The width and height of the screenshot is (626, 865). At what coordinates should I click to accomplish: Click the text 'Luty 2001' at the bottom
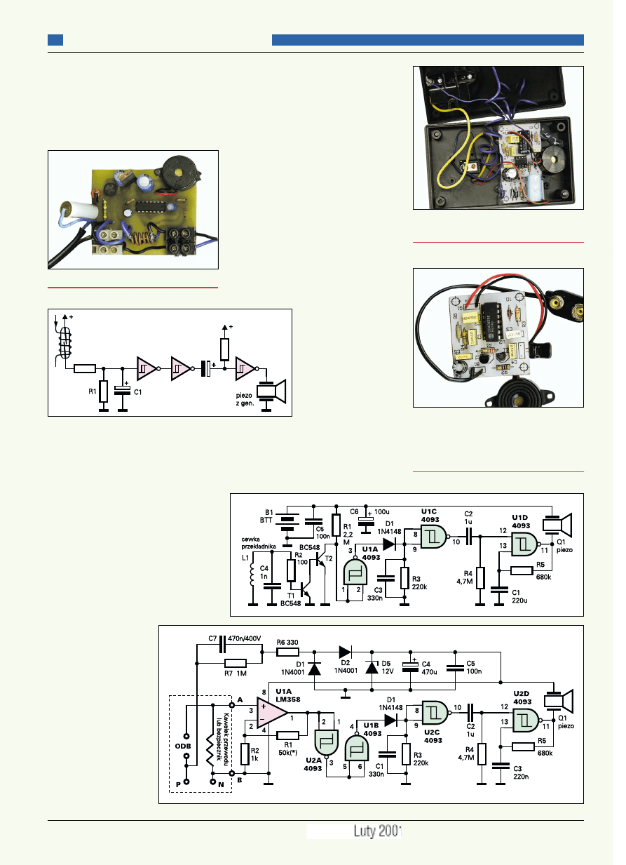click(x=376, y=831)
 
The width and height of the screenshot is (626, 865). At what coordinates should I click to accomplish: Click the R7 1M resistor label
click(x=236, y=673)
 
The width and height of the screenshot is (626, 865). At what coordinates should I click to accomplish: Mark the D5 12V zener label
click(x=386, y=667)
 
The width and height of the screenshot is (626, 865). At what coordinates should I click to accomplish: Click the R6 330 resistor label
click(x=288, y=641)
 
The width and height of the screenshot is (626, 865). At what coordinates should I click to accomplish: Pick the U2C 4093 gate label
click(x=433, y=736)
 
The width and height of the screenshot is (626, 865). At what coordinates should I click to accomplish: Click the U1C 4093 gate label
click(x=429, y=514)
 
